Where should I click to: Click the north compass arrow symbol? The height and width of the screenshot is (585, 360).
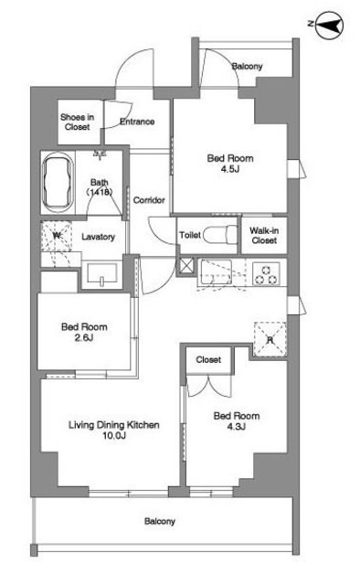(329, 25)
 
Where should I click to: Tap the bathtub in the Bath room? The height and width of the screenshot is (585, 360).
(57, 183)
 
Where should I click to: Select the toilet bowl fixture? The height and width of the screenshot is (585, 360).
(220, 235)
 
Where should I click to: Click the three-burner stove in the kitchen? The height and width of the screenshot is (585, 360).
(267, 274)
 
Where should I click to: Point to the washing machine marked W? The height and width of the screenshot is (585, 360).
(56, 236)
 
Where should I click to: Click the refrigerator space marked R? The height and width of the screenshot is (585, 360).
(270, 339)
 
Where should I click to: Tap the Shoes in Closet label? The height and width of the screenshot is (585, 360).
(78, 122)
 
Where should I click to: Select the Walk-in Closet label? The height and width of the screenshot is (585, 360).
(264, 236)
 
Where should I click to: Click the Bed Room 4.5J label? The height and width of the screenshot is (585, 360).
(230, 164)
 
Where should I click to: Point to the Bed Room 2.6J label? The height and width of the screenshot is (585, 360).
(84, 332)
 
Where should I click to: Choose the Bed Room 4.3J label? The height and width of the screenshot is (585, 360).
(237, 420)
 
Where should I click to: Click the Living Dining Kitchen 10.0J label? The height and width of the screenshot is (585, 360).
(114, 430)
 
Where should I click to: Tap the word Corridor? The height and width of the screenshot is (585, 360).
(149, 200)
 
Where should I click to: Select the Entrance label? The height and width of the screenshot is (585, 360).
(137, 122)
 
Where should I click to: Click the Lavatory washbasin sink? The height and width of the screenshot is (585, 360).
(101, 273)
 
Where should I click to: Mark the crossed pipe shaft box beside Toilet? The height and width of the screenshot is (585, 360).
(186, 266)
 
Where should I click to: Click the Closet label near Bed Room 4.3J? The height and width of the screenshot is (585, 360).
(208, 359)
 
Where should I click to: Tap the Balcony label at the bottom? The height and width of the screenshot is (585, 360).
(160, 521)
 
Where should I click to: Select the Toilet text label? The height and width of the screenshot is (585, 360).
(190, 235)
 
